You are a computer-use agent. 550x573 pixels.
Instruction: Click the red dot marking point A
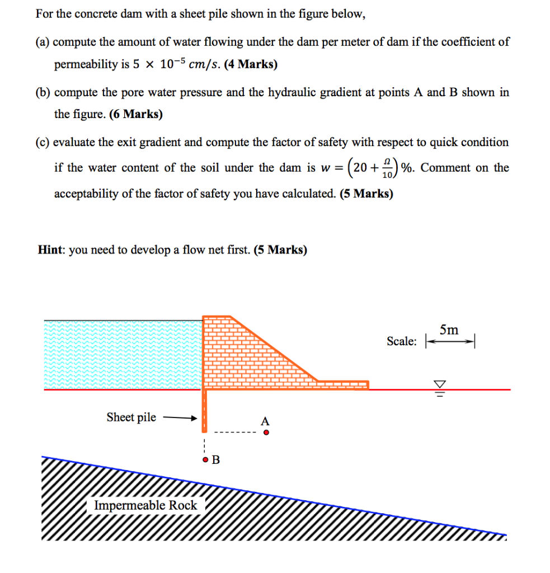pos(266,432)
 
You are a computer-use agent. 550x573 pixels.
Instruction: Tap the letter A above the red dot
pos(265,420)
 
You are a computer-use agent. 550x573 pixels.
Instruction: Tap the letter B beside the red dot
pos(216,461)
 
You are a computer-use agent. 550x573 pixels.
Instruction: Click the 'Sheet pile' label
pos(131,417)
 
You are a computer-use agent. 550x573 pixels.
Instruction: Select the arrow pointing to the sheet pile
pos(179,417)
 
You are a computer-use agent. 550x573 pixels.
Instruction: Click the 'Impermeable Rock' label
pos(145,505)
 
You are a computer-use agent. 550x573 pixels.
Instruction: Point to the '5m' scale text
pos(449,330)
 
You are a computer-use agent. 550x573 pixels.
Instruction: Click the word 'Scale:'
pos(401,341)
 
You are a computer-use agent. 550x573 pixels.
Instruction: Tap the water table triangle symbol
pos(440,384)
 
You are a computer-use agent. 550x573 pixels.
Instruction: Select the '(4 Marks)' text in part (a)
pos(250,64)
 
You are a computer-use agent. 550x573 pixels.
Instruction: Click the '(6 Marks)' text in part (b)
pos(136,114)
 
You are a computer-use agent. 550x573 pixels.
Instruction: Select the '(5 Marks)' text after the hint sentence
pos(280,250)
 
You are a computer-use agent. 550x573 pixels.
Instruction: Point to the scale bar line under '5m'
pos(450,341)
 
